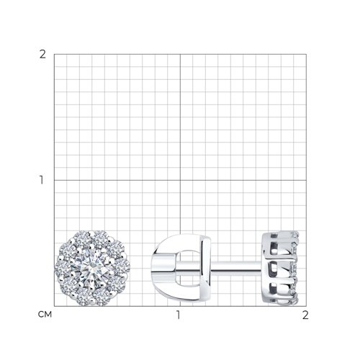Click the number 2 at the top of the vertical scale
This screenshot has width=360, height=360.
[42, 55]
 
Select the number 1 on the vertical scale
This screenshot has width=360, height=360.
[42, 180]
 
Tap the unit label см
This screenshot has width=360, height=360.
[45, 315]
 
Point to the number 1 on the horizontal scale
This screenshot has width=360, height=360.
[178, 315]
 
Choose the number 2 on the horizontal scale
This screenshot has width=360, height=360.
[305, 315]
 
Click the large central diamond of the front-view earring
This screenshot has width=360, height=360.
[92, 268]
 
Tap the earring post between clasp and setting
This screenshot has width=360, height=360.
[236, 268]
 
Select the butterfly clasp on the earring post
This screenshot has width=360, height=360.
[181, 268]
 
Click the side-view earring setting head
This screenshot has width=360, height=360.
[280, 268]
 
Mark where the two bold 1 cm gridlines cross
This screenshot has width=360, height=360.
[180, 180]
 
